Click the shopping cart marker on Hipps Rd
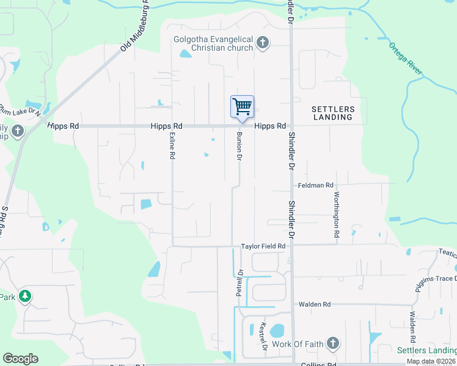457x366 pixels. [242, 107]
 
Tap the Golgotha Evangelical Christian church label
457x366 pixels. [213, 43]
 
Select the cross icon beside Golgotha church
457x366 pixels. [263, 43]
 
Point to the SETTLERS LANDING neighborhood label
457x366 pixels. [333, 113]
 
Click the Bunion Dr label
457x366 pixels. [239, 147]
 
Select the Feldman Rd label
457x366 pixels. [316, 185]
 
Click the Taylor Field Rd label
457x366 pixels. [263, 246]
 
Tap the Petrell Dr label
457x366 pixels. [239, 283]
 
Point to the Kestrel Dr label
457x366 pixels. [265, 336]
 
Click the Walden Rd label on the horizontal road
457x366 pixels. [314, 304]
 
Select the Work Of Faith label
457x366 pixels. [296, 344]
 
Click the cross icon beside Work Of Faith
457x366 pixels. [332, 343]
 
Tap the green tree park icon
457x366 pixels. [25, 297]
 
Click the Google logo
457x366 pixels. [20, 359]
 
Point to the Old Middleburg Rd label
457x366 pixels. [135, 25]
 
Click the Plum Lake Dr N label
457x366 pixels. [20, 110]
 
